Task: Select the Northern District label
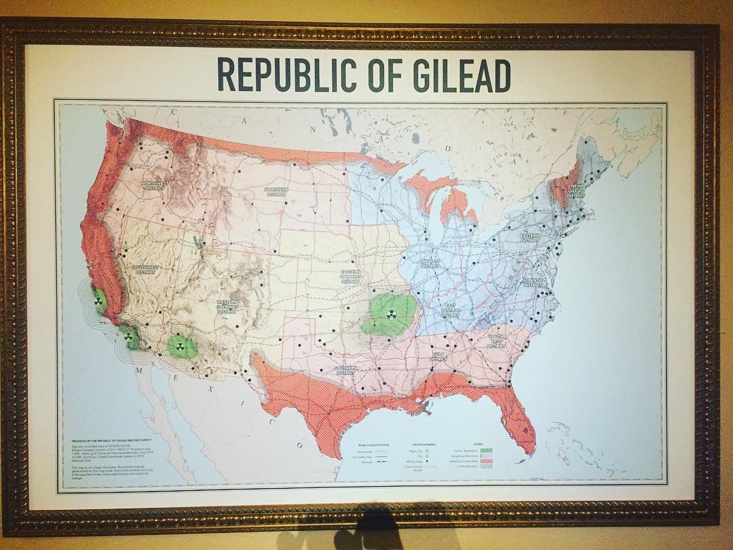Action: click(276, 191)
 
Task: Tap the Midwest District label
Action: click(430, 263)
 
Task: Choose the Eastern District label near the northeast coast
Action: click(530, 238)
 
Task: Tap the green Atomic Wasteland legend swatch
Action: click(486, 450)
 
